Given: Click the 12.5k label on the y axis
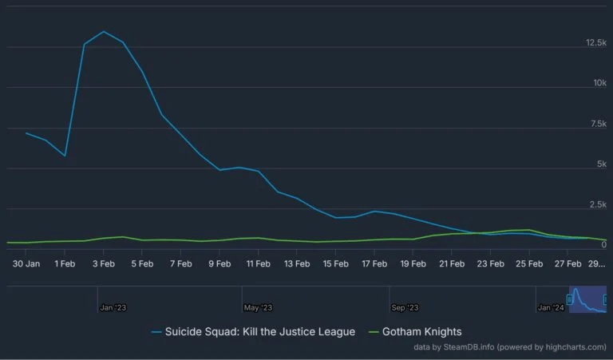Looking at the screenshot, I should coord(596,42).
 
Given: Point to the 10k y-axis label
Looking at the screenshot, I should coord(599,83).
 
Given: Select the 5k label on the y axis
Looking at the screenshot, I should coord(601,164).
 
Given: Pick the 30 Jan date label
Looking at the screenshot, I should coord(26,263).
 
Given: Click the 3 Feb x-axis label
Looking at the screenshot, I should coord(104,263).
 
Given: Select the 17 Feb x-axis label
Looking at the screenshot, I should coord(374,263).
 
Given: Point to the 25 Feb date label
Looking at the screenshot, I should coord(529,263).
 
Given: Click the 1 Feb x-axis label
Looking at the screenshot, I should coord(65,263).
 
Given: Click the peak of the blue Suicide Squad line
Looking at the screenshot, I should coord(104,32).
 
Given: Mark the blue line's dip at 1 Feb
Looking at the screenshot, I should coord(65,156).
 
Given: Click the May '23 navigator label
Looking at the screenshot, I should coord(258,307).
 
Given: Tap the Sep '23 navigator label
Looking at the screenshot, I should coord(405,307).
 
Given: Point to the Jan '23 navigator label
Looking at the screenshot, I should coord(113,307).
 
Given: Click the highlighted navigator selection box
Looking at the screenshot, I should coord(587,299).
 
